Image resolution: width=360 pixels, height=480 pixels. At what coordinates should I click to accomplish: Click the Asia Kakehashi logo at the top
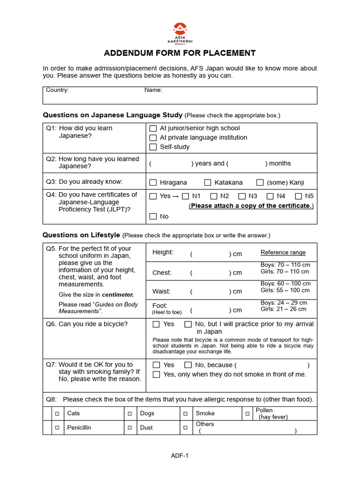180,33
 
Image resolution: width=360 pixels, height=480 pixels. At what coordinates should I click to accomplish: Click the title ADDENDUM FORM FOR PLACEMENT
180,53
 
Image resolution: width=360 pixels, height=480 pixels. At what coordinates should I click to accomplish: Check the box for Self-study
153,147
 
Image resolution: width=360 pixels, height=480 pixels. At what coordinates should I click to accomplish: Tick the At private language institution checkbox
153,138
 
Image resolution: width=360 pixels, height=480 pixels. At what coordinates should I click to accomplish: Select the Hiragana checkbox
153,183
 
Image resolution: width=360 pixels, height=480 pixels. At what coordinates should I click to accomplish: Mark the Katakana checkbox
208,183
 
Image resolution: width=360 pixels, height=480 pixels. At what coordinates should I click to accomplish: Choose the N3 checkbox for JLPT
242,196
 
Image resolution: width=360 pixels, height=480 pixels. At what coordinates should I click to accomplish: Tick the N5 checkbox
298,196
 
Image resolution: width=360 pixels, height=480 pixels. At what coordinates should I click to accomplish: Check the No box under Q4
153,217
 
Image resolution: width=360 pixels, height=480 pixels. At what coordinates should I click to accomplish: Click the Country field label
57,90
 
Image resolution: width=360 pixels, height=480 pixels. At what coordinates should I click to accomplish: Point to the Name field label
153,90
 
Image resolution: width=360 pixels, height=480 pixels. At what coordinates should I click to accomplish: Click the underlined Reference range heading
283,253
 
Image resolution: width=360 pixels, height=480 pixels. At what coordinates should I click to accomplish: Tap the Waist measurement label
161,292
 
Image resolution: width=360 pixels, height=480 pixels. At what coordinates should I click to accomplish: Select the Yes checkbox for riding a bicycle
156,324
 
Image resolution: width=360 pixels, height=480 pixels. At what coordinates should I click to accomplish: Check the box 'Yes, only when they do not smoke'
156,375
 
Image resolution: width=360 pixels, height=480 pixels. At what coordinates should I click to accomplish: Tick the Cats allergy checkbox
57,414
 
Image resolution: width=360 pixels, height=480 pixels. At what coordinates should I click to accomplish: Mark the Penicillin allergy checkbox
57,428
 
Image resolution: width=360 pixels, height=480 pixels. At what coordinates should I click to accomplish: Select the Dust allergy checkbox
130,428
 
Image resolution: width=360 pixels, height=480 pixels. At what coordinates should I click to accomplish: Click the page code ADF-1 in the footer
180,455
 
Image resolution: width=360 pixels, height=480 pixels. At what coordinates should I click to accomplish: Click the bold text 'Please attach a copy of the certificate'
251,206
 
